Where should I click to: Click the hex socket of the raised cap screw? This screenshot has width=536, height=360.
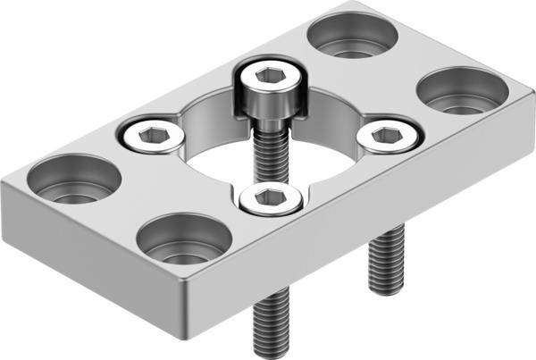pos(271,78)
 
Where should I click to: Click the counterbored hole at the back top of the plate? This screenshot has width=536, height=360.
pos(352,35)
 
